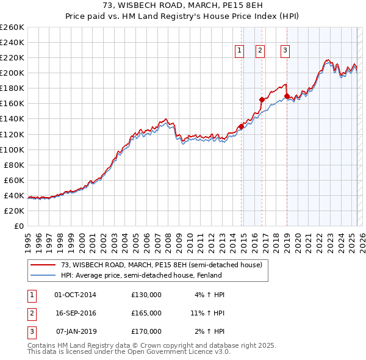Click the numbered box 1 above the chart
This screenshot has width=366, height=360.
[x=239, y=51]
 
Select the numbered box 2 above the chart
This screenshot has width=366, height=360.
[x=260, y=51]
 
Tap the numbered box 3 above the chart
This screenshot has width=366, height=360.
[x=285, y=51]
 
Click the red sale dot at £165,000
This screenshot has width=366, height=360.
[x=262, y=99]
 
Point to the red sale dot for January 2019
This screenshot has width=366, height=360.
[x=287, y=96]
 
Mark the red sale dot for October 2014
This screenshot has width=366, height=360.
[x=241, y=126]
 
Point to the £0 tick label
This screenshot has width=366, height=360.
[x=18, y=226]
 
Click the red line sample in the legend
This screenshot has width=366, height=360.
[x=43, y=265]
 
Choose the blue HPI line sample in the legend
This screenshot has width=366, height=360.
[x=43, y=275]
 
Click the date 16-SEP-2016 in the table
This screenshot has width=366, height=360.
[x=75, y=313]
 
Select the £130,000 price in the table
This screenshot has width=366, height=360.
[x=146, y=295]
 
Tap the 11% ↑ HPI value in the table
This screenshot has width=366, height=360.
[x=207, y=313]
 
